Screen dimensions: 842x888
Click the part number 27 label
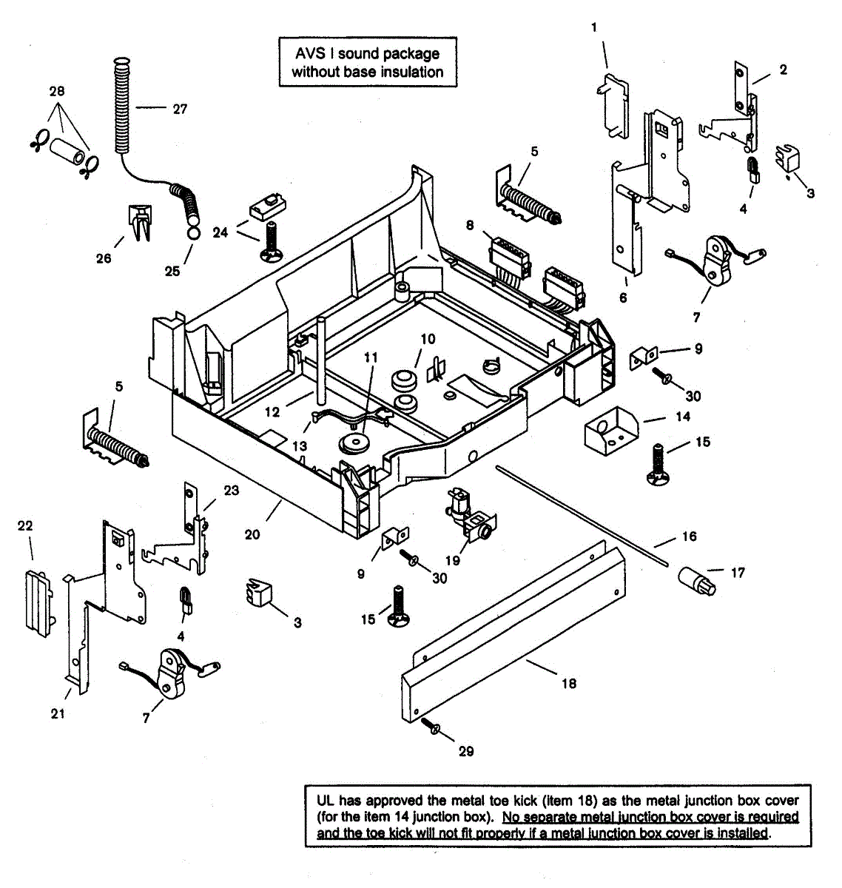pyautogui.click(x=180, y=109)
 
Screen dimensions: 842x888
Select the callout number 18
pyautogui.click(x=569, y=683)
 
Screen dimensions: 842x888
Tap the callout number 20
pyautogui.click(x=252, y=535)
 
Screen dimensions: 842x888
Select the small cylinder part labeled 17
pyautogui.click(x=697, y=582)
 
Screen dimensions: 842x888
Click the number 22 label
pyautogui.click(x=25, y=525)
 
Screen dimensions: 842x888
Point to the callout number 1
pyautogui.click(x=594, y=28)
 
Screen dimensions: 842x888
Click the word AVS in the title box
pyautogui.click(x=310, y=54)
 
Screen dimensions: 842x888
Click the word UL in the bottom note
pyautogui.click(x=326, y=801)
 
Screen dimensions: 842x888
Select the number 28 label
pyautogui.click(x=57, y=92)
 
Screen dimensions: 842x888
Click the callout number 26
pyautogui.click(x=104, y=258)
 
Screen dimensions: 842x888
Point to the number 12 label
pyautogui.click(x=272, y=412)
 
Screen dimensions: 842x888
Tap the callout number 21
pyautogui.click(x=58, y=713)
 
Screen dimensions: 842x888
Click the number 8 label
pyautogui.click(x=470, y=225)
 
